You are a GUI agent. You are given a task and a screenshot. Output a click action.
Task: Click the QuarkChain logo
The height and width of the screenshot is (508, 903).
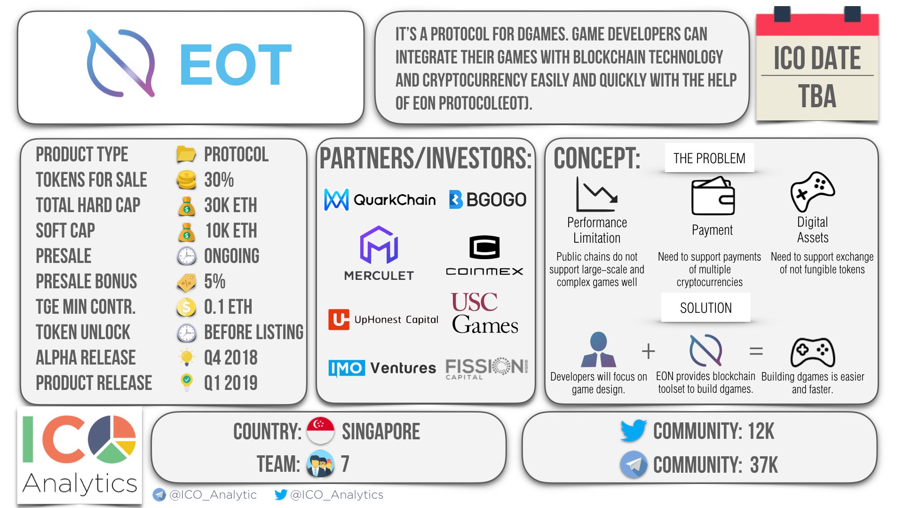coord(380,199)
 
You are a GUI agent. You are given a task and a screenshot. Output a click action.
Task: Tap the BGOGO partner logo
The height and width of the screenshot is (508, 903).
coord(488,199)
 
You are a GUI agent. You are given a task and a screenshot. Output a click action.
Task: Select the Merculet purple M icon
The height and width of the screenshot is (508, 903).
coord(379,245)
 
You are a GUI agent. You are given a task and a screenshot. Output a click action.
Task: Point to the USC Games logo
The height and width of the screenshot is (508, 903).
coord(485,313)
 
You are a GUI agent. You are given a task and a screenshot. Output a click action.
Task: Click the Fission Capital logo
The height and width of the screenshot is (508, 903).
coord(487,368)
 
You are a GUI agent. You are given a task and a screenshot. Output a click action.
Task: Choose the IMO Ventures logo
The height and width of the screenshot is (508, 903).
coord(382,368)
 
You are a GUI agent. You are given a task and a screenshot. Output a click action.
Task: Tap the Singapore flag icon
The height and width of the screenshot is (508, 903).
coord(320,431)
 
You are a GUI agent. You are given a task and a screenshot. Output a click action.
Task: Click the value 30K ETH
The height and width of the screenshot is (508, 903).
coord(230,205)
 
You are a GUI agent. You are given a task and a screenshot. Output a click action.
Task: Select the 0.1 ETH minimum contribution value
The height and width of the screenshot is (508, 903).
coord(228,307)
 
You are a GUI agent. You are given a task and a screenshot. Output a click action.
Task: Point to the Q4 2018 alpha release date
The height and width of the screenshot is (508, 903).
coord(230,357)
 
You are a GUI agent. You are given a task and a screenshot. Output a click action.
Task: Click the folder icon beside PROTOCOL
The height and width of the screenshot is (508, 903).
coord(186,154)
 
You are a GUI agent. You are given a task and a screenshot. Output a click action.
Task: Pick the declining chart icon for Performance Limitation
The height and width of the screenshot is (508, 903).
coord(597,194)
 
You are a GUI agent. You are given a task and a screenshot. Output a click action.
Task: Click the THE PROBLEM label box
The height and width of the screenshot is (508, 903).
coord(709,158)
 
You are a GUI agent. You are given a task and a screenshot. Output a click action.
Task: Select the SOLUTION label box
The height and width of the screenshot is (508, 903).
coord(705,308)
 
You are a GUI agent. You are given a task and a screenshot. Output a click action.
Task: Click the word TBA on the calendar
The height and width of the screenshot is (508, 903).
coord(817,97)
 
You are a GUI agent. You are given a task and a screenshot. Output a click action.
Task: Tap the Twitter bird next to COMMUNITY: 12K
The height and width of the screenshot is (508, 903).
coord(634,430)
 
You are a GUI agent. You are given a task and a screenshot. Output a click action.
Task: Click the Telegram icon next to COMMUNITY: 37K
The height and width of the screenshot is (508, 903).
coord(634,464)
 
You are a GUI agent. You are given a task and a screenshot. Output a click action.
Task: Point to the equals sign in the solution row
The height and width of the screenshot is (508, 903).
coord(756,351)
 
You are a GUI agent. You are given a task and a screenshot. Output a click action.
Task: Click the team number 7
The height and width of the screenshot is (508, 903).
coord(345,464)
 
